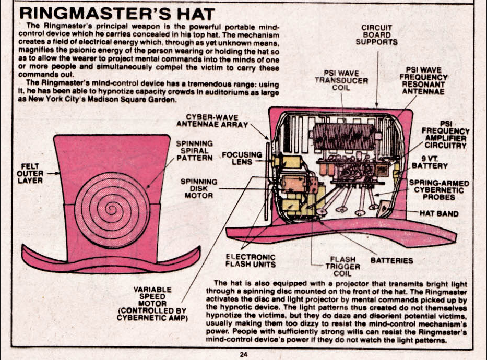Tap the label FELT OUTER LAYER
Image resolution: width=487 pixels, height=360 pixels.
click(30, 173)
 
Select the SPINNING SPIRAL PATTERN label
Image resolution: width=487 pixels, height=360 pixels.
click(194, 150)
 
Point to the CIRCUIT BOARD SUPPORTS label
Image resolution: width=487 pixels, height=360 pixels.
click(376, 35)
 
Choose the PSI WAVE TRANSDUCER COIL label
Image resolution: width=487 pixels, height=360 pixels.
click(341, 80)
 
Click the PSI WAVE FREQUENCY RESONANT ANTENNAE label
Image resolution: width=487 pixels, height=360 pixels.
click(423, 80)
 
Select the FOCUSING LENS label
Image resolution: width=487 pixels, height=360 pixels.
click(241, 158)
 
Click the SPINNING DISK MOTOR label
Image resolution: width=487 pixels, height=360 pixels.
click(198, 188)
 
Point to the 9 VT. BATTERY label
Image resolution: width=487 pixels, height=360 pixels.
click(430, 162)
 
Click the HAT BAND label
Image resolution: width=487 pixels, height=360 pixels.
click(439, 213)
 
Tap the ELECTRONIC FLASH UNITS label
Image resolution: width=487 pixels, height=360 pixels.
click(250, 260)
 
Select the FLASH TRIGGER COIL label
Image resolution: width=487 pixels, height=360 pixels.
click(342, 266)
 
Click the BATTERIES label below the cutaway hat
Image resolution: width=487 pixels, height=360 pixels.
click(391, 260)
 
